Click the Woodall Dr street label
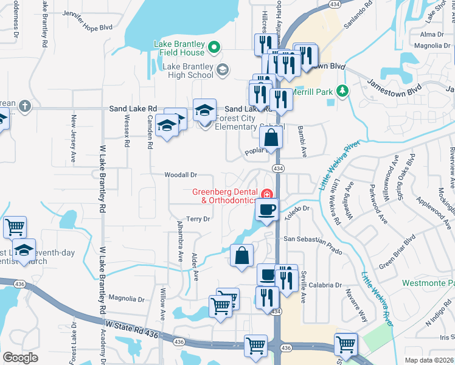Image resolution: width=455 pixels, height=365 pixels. click(x=181, y=175)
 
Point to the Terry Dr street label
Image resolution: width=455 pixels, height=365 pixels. click(x=198, y=219)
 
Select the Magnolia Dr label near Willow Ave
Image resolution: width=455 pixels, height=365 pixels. click(x=126, y=299)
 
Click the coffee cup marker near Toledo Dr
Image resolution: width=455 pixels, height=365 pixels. click(x=267, y=210)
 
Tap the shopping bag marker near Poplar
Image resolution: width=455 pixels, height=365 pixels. click(x=272, y=137)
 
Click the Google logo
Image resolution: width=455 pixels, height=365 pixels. click(x=20, y=358)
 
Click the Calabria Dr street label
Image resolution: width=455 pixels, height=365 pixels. click(x=325, y=285)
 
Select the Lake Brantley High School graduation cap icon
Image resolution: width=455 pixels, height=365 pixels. click(x=222, y=71)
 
